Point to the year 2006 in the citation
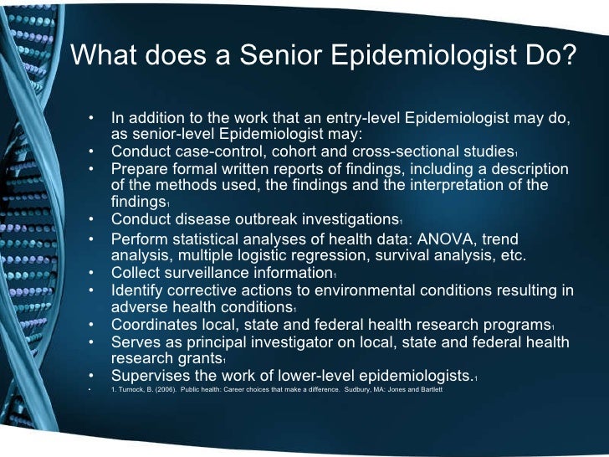pyautogui.click(x=167, y=390)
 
